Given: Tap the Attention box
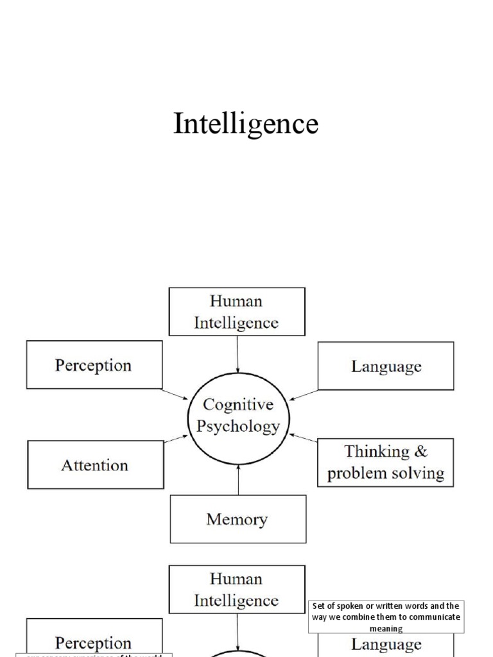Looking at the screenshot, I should [95, 465].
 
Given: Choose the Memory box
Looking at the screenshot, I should [238, 519].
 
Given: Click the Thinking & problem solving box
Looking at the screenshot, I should [385, 463].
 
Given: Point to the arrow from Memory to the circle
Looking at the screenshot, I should [238, 479].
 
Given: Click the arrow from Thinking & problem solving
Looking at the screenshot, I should [304, 438].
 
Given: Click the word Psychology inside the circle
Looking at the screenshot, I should [238, 427].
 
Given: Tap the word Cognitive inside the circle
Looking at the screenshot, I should [238, 405].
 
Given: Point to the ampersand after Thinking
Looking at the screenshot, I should [420, 452].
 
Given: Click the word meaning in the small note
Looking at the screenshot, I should [386, 629].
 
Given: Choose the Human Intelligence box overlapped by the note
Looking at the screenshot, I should [237, 589].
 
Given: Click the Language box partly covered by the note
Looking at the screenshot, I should [386, 644].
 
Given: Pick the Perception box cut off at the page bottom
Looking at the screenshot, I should [93, 642].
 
